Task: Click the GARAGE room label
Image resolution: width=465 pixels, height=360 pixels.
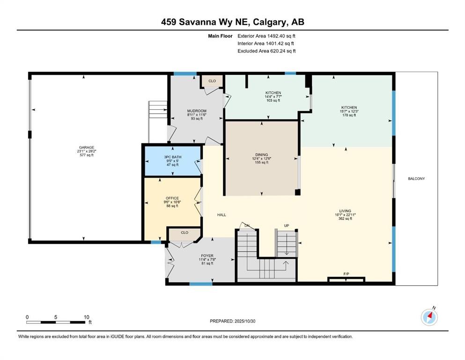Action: pos(86,148)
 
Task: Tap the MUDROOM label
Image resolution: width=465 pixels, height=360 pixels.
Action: pos(197,111)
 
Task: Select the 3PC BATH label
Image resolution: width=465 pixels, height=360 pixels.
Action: pos(173,157)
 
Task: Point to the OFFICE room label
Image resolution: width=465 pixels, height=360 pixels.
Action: pos(172,198)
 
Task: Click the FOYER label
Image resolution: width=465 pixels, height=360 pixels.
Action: pos(207,256)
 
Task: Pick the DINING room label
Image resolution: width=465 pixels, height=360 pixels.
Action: pos(262,155)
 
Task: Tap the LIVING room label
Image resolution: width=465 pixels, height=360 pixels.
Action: pos(345,211)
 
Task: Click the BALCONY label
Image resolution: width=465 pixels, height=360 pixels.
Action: pos(416,179)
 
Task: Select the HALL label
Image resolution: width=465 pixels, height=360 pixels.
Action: pos(221,215)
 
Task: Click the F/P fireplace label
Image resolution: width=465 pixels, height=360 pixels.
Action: pos(346,274)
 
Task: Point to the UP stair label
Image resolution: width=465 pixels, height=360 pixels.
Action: pos(287,225)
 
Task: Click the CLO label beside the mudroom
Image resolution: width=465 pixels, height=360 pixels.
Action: pos(212,81)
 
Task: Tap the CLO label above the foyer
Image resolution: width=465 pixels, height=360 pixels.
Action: pos(185,232)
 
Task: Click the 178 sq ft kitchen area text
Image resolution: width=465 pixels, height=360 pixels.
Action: pos(349,115)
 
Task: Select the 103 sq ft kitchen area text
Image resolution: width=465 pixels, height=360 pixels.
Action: pos(273,100)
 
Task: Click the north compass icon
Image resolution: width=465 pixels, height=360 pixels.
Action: pos(429,317)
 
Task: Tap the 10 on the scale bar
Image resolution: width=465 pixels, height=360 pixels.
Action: pos(86,317)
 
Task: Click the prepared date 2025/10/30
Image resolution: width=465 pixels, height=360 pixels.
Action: pos(245,321)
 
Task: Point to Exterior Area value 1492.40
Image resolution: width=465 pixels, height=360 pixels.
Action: pos(275,36)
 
